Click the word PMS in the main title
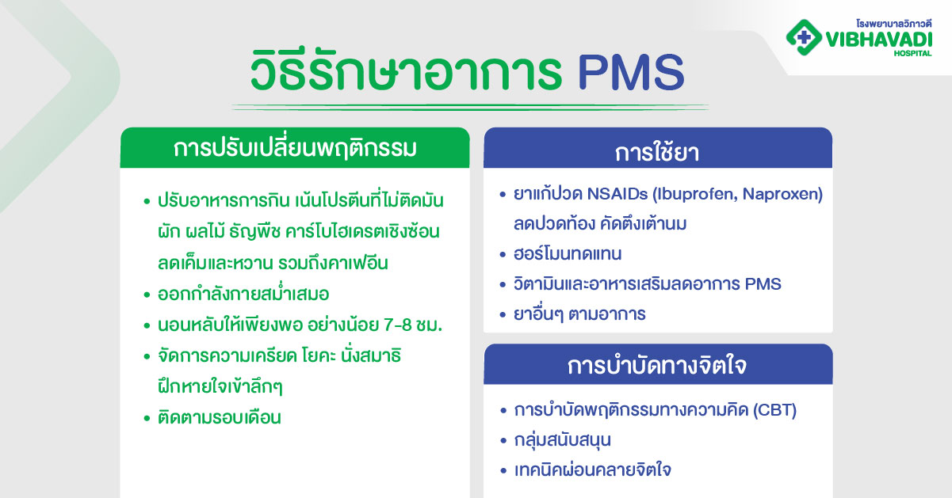(629, 74)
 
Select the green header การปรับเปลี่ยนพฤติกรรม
(295, 148)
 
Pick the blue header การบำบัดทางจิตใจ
(657, 367)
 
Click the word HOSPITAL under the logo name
(913, 52)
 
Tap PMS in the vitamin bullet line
(762, 283)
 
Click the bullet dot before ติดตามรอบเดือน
(147, 417)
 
